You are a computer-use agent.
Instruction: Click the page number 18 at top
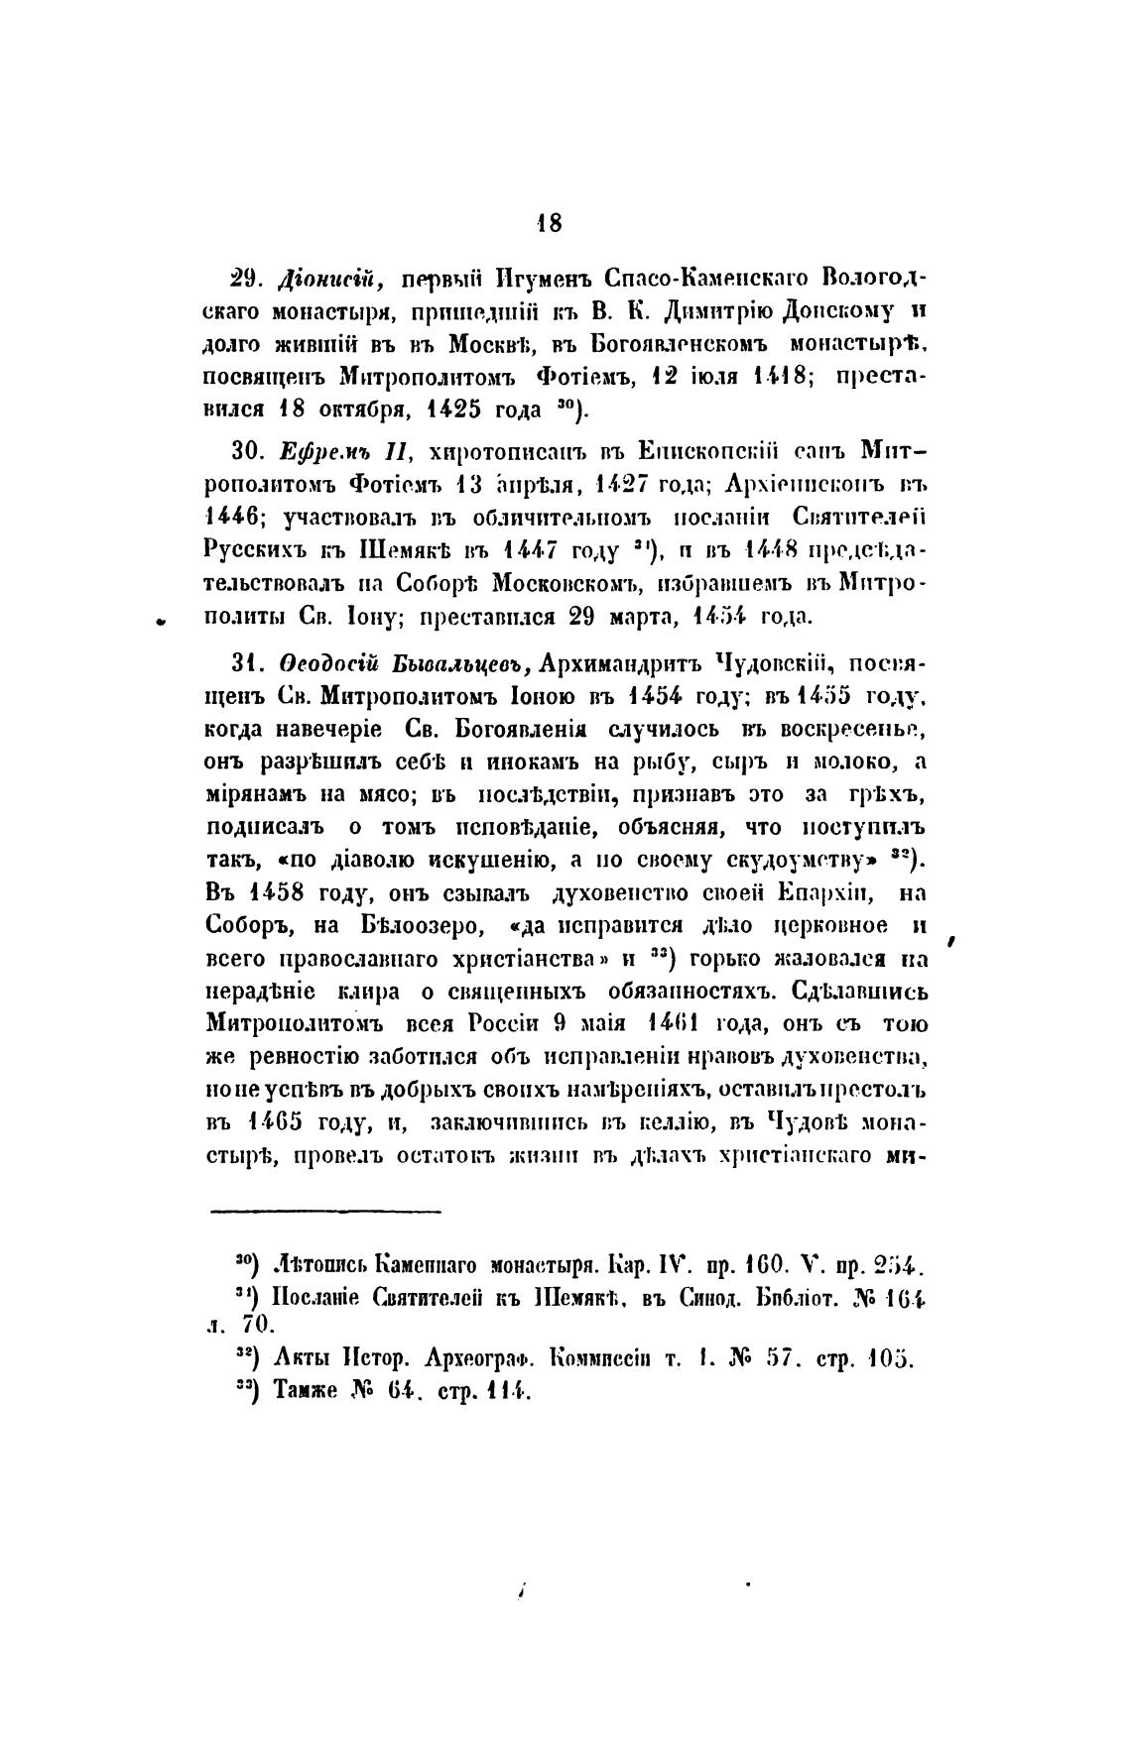pyautogui.click(x=549, y=223)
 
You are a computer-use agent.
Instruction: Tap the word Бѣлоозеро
pyautogui.click(x=416, y=926)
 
